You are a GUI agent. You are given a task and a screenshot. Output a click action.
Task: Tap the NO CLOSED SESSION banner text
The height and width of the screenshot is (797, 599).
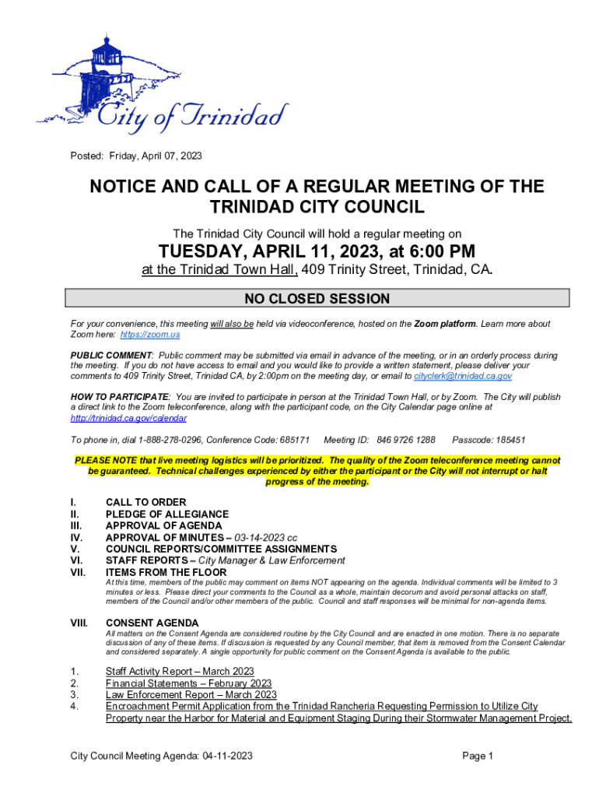(x=317, y=299)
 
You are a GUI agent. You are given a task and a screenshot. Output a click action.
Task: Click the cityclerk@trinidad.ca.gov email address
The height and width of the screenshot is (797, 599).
(x=462, y=376)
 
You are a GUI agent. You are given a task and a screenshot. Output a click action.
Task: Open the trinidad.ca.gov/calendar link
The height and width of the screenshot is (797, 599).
(x=128, y=419)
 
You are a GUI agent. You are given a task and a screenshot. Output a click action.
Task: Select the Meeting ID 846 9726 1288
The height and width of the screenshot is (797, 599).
(x=405, y=440)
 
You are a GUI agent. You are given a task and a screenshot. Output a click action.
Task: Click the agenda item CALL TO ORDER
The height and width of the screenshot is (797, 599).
(x=145, y=503)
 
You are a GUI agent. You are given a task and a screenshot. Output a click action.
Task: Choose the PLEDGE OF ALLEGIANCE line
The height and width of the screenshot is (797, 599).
(x=166, y=514)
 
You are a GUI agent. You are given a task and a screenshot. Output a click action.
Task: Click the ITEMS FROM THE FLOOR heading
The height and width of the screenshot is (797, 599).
(x=166, y=573)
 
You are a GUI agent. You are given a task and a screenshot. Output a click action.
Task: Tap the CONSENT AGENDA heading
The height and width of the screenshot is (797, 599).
(x=152, y=623)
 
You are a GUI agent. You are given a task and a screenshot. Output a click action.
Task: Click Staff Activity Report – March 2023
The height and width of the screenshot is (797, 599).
(x=180, y=672)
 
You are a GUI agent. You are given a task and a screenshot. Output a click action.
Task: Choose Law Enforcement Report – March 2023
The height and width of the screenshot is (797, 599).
(x=191, y=695)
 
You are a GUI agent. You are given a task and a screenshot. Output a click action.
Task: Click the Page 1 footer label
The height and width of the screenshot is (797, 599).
(x=478, y=756)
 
